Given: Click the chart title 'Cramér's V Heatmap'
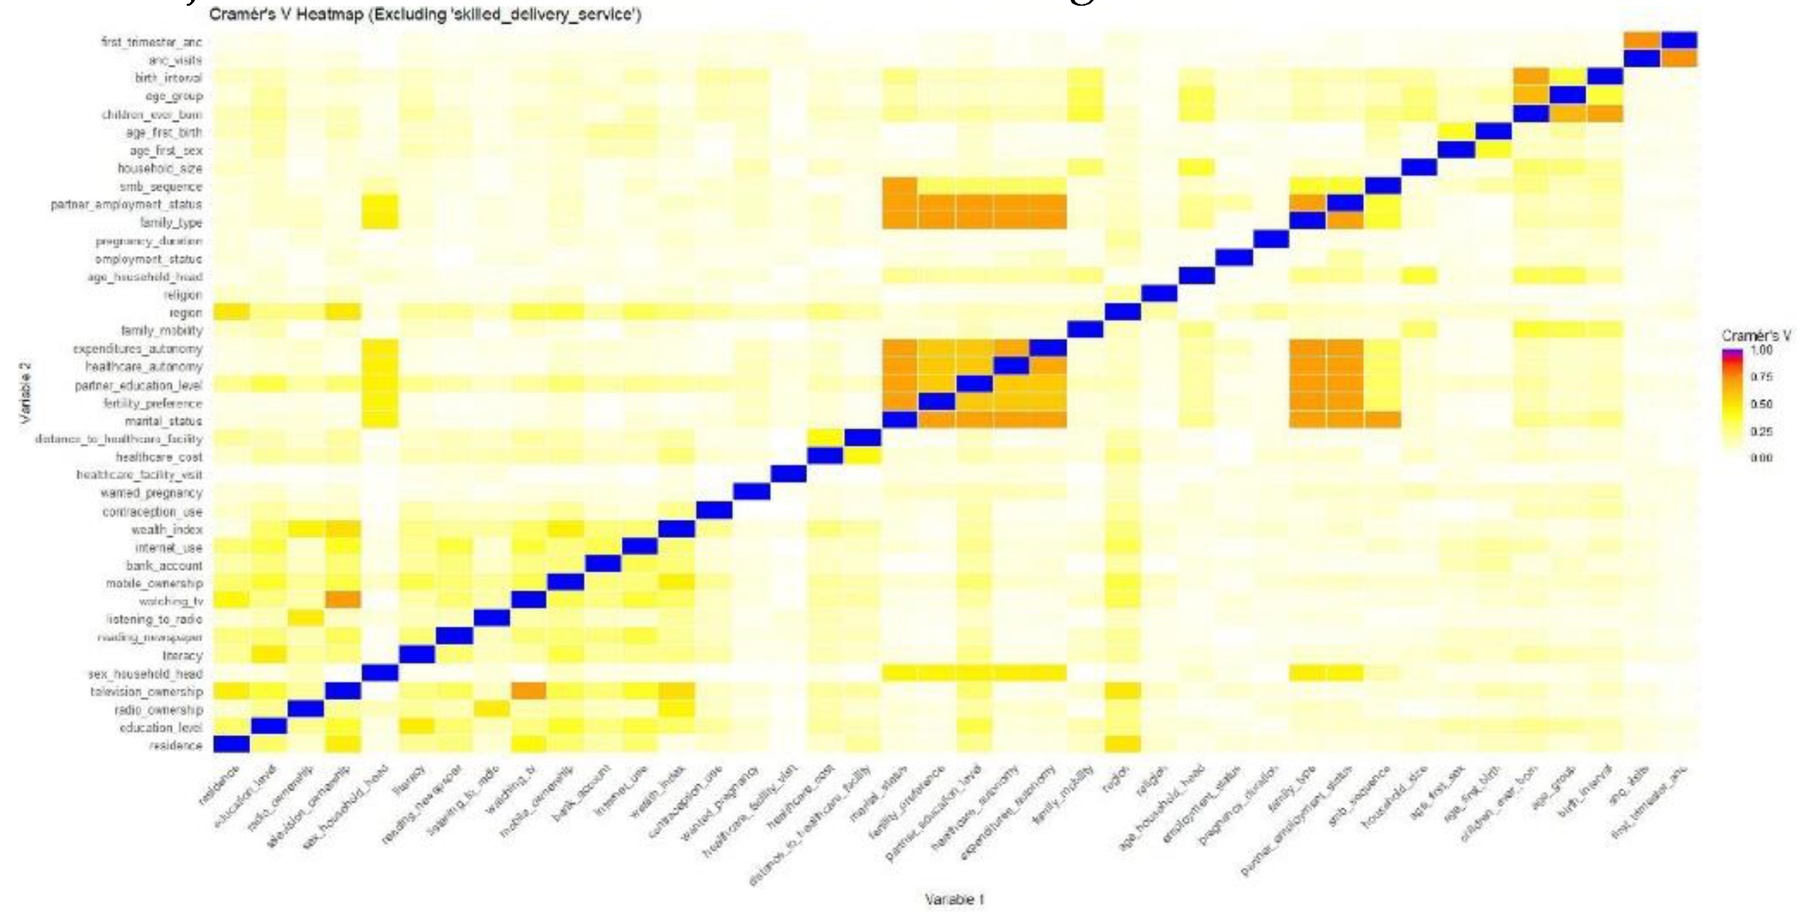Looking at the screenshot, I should tap(425, 14).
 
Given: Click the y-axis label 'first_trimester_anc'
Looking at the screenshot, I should tap(151, 42).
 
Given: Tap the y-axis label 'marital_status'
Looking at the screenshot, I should tap(163, 421).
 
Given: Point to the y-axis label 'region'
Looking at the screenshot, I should tap(185, 313).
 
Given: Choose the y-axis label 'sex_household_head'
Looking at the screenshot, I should tap(145, 674).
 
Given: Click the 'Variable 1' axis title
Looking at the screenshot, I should tap(954, 899).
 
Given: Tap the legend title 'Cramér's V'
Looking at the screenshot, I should tap(1756, 336).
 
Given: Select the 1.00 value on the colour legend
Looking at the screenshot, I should tap(1762, 350).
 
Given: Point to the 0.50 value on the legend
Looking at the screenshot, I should tap(1762, 404).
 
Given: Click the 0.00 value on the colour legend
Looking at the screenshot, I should tap(1762, 458).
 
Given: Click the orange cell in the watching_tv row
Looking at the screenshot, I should tap(343, 600).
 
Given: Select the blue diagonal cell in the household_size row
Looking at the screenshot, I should tap(1419, 167).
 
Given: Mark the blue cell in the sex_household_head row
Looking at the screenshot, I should tap(380, 673).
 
